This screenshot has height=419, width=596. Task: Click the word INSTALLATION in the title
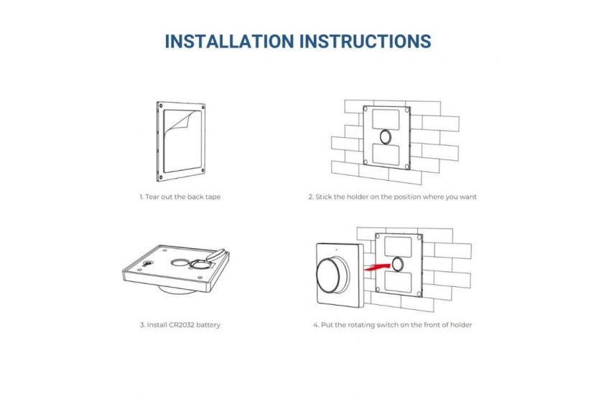229,42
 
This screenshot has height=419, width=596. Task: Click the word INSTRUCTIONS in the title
365,42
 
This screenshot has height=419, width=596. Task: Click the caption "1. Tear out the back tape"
180,197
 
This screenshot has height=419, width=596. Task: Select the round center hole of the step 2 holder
386,137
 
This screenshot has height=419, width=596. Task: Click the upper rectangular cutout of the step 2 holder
386,120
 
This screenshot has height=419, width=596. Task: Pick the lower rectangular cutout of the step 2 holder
386,154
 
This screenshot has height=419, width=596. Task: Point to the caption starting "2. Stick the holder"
392,197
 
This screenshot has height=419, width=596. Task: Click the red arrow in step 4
377,267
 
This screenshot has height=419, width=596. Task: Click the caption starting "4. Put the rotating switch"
393,325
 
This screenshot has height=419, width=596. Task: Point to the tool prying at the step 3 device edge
218,254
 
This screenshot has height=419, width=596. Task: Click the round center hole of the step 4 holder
398,264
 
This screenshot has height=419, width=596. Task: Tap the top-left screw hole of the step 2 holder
365,109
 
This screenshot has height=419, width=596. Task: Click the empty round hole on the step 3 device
180,263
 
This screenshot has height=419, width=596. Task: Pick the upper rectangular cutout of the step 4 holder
398,247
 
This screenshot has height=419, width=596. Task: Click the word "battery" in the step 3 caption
208,325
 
